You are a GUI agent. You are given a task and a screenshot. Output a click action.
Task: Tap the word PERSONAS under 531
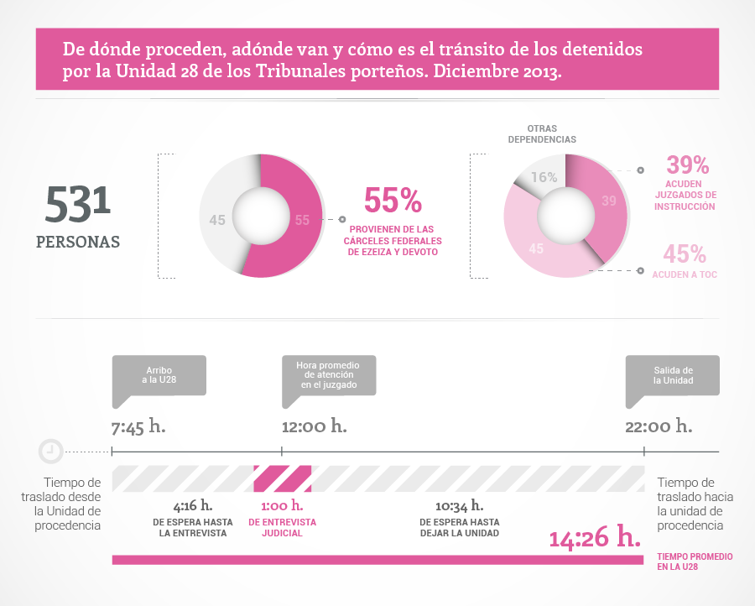coord(78,242)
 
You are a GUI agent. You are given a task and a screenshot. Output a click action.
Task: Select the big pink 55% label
coord(393,201)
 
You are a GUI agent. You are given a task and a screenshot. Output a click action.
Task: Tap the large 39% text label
coord(688,165)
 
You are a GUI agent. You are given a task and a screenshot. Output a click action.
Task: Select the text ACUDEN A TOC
coord(685,274)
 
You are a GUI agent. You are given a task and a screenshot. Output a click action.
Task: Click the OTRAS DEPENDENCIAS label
coord(542,133)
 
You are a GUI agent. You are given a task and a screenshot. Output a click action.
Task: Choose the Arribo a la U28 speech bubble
coord(159,374)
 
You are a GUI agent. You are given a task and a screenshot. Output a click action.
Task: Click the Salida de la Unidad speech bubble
coord(673,374)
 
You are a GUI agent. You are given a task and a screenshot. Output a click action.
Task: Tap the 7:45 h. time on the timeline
coord(138,426)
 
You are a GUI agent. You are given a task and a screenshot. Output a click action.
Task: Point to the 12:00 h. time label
coord(315,426)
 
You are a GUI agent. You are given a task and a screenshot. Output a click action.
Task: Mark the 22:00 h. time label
coord(659,426)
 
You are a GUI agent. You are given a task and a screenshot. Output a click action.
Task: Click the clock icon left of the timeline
coord(50,451)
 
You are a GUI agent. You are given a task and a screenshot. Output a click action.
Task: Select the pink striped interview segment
coord(283,478)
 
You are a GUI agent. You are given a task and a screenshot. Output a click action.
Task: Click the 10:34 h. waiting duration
coord(459,505)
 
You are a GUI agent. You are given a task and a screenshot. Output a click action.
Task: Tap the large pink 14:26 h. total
coord(594,538)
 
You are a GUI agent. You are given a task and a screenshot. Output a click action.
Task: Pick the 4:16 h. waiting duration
coord(192,505)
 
